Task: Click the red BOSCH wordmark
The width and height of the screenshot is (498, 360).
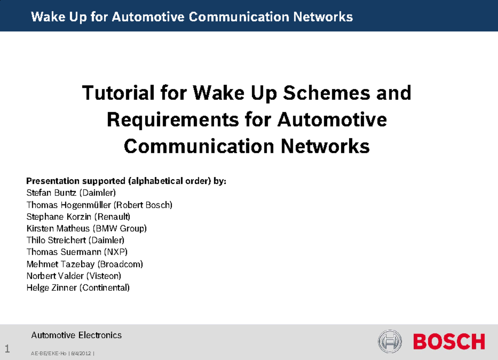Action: [449, 342]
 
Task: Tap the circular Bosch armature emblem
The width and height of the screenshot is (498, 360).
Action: [390, 341]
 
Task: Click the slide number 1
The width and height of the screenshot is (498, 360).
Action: [7, 348]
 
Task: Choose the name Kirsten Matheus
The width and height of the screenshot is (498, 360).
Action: [58, 229]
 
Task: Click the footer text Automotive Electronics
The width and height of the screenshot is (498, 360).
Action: [77, 335]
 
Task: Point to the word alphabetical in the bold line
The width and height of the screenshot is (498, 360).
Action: [154, 181]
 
